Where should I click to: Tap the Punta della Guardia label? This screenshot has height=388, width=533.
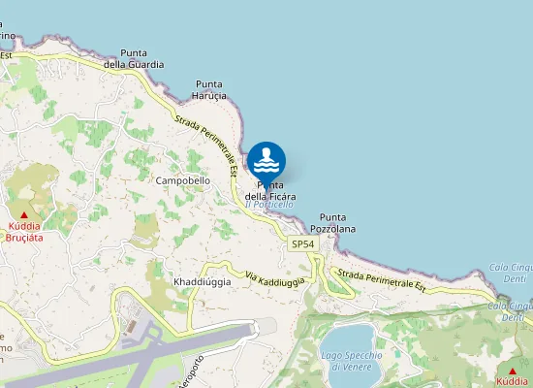pos(141,58)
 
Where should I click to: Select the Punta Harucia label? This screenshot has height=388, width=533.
pos(210,90)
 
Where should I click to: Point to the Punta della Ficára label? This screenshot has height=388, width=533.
pos(270,191)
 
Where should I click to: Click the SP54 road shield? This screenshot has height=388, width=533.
pos(302,244)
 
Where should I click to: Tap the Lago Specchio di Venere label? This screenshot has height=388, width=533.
pos(347,361)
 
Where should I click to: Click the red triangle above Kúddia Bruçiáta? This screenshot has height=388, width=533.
pos(25,213)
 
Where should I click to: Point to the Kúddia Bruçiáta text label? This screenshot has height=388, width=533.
pos(25,230)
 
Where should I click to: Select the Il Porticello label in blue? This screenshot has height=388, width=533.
pos(268,204)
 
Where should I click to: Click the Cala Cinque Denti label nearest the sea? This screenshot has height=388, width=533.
pos(511,273)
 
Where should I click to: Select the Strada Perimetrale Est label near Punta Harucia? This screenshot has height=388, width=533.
pos(205,144)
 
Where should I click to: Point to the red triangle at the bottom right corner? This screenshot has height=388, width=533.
pos(512,371)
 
